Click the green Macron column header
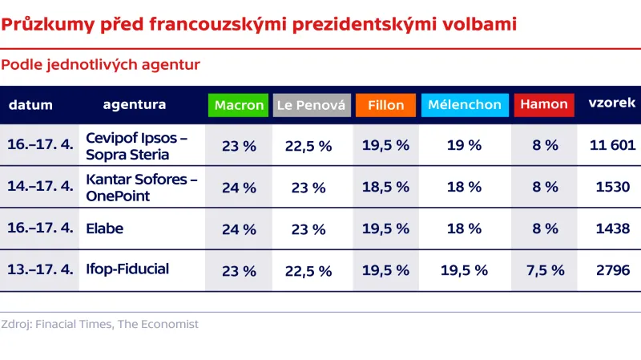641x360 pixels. [x=239, y=105]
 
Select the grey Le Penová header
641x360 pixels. [x=311, y=105]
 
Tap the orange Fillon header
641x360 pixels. [x=385, y=105]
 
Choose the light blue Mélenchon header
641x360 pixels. [x=464, y=105]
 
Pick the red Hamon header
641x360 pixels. [x=544, y=104]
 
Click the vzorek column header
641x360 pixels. [x=612, y=103]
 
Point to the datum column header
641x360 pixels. [x=30, y=105]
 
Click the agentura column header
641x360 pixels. [x=135, y=104]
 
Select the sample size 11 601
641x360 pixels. [x=612, y=145]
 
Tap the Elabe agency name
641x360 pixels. [x=105, y=229]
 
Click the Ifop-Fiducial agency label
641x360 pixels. [x=127, y=269]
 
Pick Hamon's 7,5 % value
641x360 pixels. [x=545, y=270]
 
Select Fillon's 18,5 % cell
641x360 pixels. [x=385, y=187]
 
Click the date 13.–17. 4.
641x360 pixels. [x=40, y=269]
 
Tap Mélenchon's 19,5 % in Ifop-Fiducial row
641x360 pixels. [x=464, y=270]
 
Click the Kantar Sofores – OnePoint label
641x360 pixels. [x=141, y=186]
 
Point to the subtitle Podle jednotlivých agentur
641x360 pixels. [x=101, y=63]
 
